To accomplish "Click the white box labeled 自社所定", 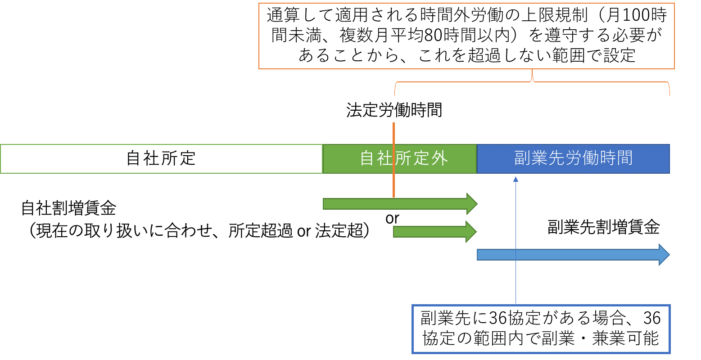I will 161,159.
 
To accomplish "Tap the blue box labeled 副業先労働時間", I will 573,159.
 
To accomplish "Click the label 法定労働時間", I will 394,110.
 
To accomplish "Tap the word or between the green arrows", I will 392,218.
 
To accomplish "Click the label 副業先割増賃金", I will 603,228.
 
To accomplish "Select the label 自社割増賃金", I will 68,208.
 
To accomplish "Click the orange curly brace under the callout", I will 532,81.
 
